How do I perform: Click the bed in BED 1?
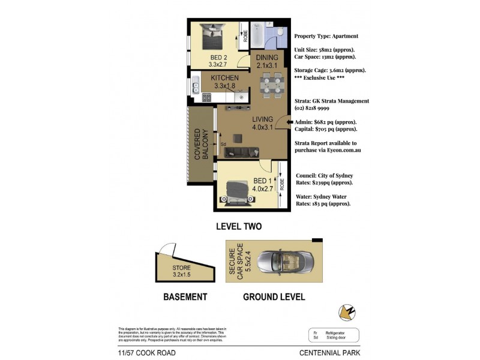pyautogui.click(x=238, y=190)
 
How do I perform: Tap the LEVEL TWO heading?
pyautogui.click(x=239, y=226)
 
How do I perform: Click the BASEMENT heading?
pyautogui.click(x=185, y=297)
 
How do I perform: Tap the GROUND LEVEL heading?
pyautogui.click(x=274, y=297)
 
